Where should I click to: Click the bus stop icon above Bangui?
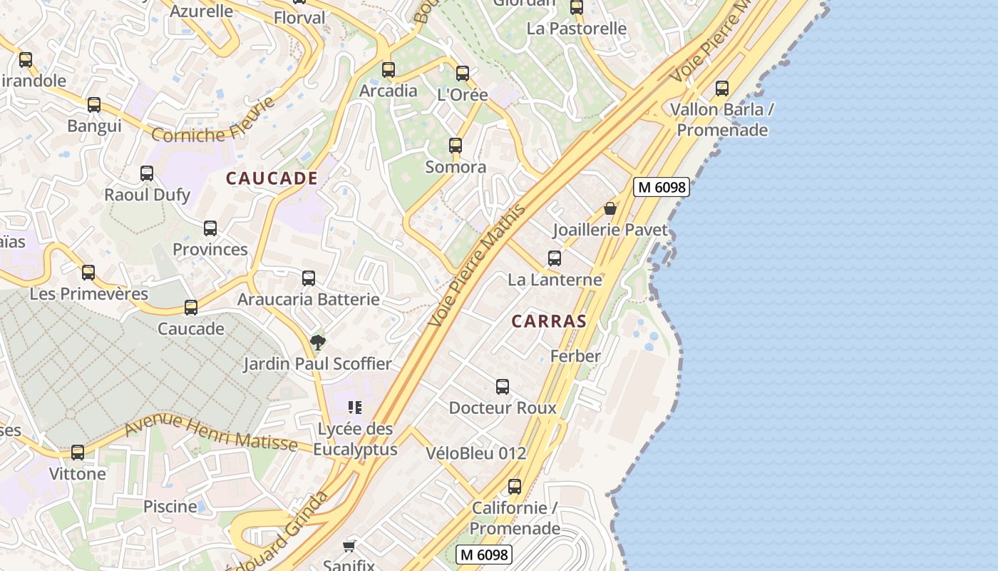click(94, 105)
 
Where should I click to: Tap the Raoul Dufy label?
click(147, 195)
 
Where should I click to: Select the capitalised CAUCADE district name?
click(272, 178)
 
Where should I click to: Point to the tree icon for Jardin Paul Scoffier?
click(318, 343)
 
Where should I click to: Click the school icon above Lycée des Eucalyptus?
click(355, 408)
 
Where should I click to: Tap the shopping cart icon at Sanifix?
click(349, 546)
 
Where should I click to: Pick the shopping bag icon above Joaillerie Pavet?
click(610, 208)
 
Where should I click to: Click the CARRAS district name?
click(549, 321)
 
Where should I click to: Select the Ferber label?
click(575, 355)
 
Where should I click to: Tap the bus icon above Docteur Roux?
click(503, 387)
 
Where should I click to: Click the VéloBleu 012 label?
click(475, 453)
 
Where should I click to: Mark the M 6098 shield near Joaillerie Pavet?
click(661, 187)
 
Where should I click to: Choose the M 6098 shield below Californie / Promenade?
click(484, 554)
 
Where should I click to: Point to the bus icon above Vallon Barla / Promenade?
click(722, 89)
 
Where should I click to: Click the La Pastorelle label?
click(577, 29)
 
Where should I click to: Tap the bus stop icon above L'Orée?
click(463, 73)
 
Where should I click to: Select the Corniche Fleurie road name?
click(213, 121)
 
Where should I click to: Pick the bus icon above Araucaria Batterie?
click(309, 278)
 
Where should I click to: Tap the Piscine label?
click(170, 507)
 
